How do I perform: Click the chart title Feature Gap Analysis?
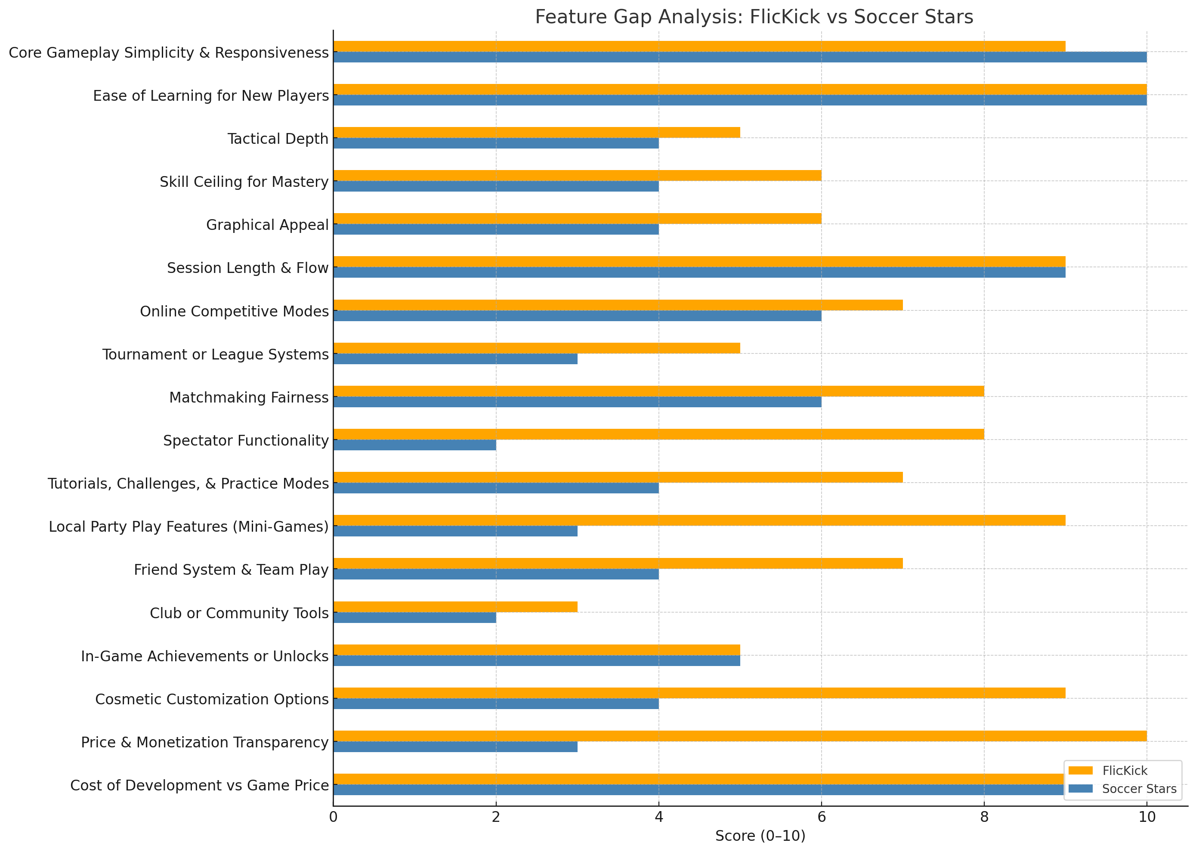click(x=754, y=17)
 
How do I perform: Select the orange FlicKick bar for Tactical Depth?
click(x=536, y=132)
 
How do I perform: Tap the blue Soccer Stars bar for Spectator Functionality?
click(x=414, y=445)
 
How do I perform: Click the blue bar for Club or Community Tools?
click(x=414, y=617)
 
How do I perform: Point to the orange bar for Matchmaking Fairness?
click(x=658, y=391)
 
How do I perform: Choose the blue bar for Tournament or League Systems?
click(x=455, y=359)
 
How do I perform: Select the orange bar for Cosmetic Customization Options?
click(x=699, y=693)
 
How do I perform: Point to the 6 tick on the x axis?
click(x=821, y=817)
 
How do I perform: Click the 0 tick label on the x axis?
click(x=333, y=817)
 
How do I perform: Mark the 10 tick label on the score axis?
click(x=1147, y=817)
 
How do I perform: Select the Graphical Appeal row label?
click(x=267, y=225)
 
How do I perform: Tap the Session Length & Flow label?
click(x=247, y=268)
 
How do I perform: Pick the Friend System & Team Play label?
click(x=231, y=570)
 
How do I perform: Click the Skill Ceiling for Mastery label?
click(x=244, y=182)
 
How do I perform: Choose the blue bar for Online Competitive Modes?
click(x=577, y=316)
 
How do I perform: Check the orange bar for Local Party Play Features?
click(x=699, y=520)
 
